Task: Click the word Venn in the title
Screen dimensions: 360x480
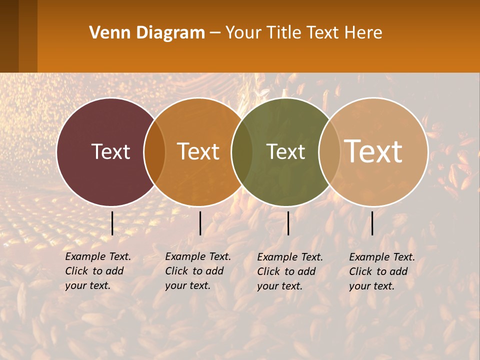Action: [x=107, y=33]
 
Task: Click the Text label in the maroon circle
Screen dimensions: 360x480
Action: [x=110, y=151]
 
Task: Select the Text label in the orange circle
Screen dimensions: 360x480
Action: [x=198, y=151]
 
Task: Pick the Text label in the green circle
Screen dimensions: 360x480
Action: [x=285, y=151]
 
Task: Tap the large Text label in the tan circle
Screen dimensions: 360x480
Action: [x=373, y=151]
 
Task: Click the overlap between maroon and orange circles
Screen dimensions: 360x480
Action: [x=154, y=151]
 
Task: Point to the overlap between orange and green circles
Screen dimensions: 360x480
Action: [x=242, y=151]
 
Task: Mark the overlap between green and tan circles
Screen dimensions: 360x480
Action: [x=329, y=151]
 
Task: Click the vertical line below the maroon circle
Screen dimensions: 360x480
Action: [x=112, y=223]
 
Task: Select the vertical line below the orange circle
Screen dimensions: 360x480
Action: [x=200, y=223]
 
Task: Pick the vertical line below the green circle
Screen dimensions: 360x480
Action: [x=288, y=223]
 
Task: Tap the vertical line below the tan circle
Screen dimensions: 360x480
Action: [x=372, y=223]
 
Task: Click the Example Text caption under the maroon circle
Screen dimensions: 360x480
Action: [x=98, y=271]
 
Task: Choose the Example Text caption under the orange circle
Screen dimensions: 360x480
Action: [x=198, y=271]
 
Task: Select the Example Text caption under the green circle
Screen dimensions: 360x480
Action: [x=290, y=271]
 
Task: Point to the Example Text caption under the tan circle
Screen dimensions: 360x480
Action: [x=382, y=271]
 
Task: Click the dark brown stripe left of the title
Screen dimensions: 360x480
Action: [x=9, y=36]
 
